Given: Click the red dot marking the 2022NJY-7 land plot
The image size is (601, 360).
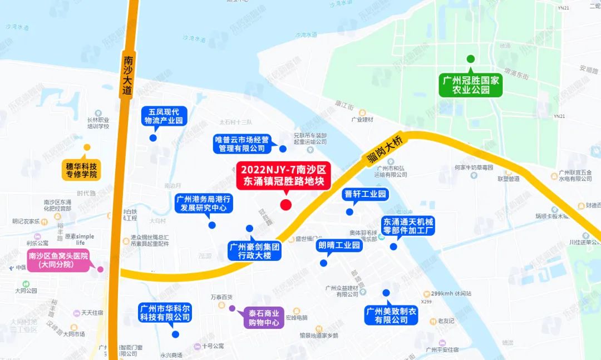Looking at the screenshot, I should coord(285,205).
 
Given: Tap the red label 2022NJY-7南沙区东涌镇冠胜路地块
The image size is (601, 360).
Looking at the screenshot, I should coord(284,175).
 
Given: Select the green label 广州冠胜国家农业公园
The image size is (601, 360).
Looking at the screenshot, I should coord(470,85).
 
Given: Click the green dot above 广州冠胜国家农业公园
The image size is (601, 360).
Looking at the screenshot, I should coord(470,59).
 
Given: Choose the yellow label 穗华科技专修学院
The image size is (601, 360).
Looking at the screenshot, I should coord(81,170).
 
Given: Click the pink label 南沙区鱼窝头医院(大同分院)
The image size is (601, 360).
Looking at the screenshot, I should coord(59,260).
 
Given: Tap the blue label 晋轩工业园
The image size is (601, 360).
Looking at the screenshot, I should coord(365,195).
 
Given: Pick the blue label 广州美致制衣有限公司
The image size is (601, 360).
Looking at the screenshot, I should coord(391,315).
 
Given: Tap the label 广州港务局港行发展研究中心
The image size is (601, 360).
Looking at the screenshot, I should coord(204,204).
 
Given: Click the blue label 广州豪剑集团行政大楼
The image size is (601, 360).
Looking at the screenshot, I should coord(255,251).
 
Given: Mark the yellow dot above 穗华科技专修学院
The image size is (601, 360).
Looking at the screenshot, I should coord(87,147).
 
